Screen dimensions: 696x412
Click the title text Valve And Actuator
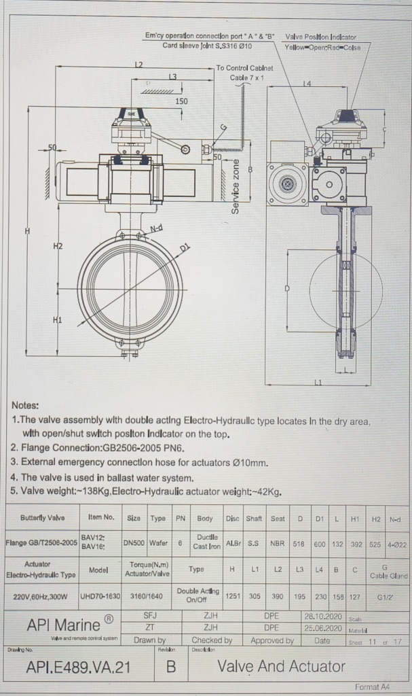click(x=281, y=667)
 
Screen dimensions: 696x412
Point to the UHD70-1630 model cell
click(x=100, y=596)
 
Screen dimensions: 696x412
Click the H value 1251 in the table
click(x=232, y=596)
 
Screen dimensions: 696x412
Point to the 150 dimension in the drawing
click(x=181, y=101)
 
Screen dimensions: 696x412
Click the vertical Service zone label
click(x=236, y=187)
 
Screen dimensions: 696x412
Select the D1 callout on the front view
click(x=185, y=249)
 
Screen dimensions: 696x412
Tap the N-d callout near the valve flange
click(x=156, y=228)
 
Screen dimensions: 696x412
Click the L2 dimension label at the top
click(x=138, y=65)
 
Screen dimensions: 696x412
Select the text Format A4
click(x=372, y=687)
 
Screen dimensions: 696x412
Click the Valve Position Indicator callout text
click(x=321, y=37)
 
